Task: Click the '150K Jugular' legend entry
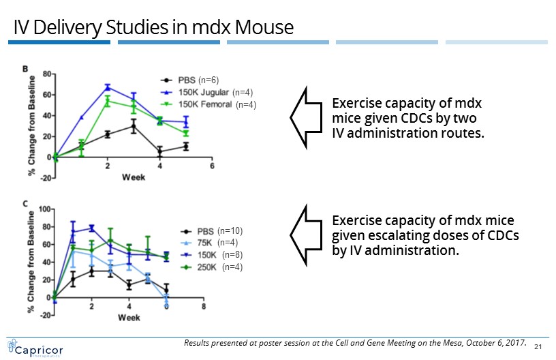coord(202,92)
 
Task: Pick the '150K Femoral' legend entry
coord(203,104)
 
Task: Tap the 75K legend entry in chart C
coord(205,242)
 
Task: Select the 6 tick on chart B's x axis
coord(212,166)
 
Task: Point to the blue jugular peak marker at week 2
coord(108,87)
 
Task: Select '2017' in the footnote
coord(515,342)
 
